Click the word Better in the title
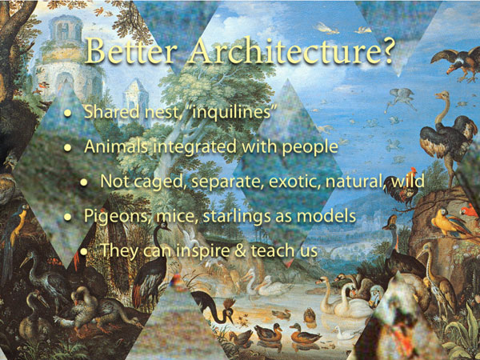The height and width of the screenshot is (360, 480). click(x=130, y=51)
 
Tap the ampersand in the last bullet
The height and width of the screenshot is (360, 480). click(x=241, y=250)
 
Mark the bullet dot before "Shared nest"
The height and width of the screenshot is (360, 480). click(x=68, y=113)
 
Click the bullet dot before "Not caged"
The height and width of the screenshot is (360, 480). click(x=84, y=182)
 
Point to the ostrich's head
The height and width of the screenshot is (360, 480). click(x=442, y=96)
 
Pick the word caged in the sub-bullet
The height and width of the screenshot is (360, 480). click(x=161, y=182)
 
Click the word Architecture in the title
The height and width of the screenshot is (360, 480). click(x=282, y=51)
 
